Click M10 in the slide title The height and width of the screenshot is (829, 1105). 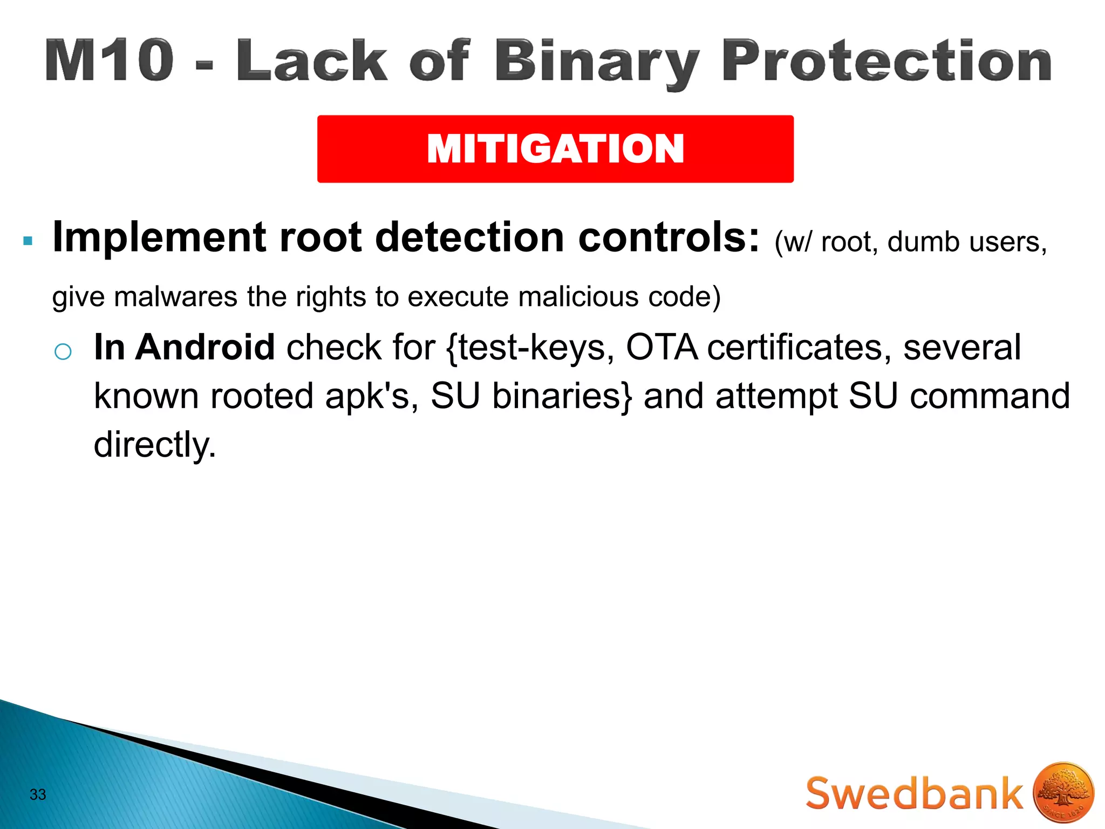point(110,60)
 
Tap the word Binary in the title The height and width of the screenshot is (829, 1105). point(596,62)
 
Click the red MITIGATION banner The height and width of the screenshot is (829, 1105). point(555,149)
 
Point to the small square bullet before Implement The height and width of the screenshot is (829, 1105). point(28,241)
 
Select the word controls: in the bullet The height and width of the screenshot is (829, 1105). point(669,237)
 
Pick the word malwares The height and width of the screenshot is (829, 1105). point(175,297)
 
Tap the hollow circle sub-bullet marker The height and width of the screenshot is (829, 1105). point(63,352)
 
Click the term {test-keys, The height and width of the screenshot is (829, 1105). point(530,348)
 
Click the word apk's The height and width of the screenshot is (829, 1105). point(372,396)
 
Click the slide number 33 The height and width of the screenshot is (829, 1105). point(38,794)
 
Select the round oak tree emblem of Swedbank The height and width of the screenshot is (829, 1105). point(1063,793)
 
